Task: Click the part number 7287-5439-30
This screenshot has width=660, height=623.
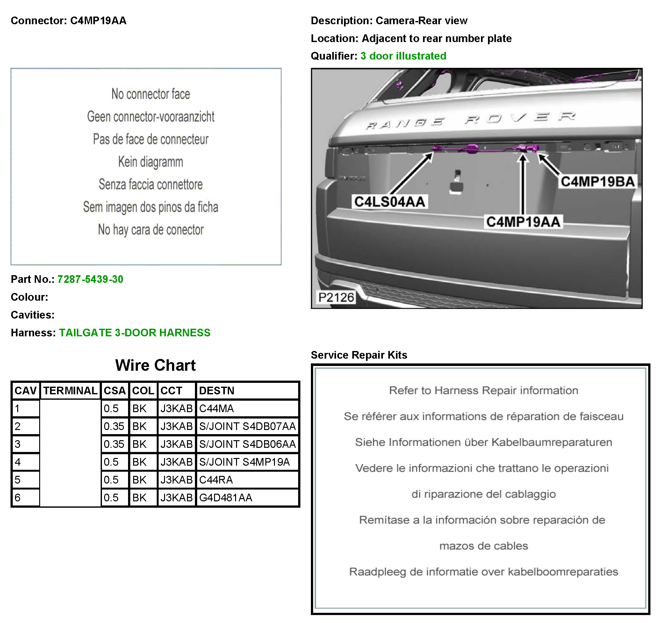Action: (x=90, y=279)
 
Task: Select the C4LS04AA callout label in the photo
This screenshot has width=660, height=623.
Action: (x=390, y=202)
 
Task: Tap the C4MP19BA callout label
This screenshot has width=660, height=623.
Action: (x=598, y=182)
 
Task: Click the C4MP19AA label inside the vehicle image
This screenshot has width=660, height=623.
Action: (x=523, y=222)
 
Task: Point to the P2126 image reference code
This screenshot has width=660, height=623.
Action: (x=336, y=297)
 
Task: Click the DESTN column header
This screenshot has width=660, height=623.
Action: (x=217, y=390)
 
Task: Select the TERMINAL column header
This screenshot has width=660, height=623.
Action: (x=70, y=390)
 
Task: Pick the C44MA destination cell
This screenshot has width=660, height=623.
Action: (x=216, y=408)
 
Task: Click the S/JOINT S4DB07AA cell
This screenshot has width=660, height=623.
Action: (x=247, y=426)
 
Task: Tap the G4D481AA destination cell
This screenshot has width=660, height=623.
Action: (x=226, y=498)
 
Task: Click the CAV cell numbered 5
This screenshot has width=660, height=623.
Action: (x=18, y=480)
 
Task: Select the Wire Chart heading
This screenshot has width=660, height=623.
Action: (x=155, y=365)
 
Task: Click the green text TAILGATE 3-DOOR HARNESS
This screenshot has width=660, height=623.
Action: (x=134, y=333)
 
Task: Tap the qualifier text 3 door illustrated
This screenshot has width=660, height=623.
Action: (x=403, y=56)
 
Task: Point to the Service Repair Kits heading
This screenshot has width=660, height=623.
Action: (x=359, y=355)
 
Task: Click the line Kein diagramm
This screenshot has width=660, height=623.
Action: (x=150, y=162)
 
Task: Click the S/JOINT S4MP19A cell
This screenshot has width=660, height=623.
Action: (x=244, y=462)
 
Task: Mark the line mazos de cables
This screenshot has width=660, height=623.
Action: (x=483, y=546)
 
